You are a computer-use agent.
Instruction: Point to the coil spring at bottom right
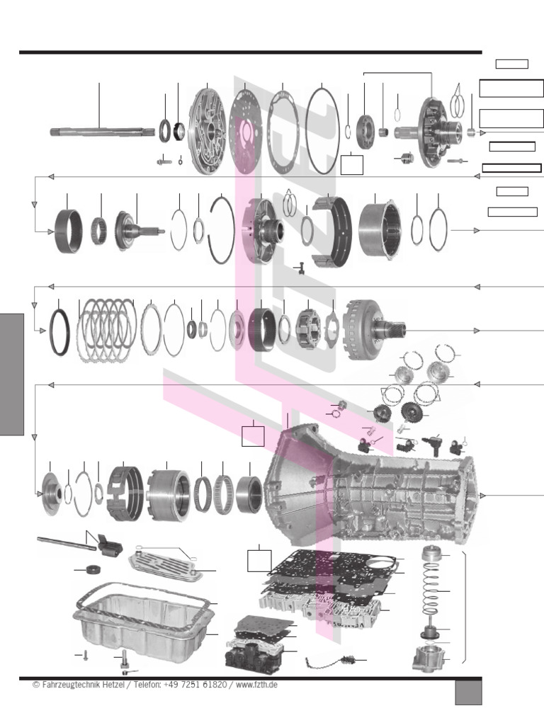431,591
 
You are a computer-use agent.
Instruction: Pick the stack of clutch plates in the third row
106,330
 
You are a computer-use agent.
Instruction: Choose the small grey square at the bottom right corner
468,692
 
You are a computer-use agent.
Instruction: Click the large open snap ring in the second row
221,230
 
